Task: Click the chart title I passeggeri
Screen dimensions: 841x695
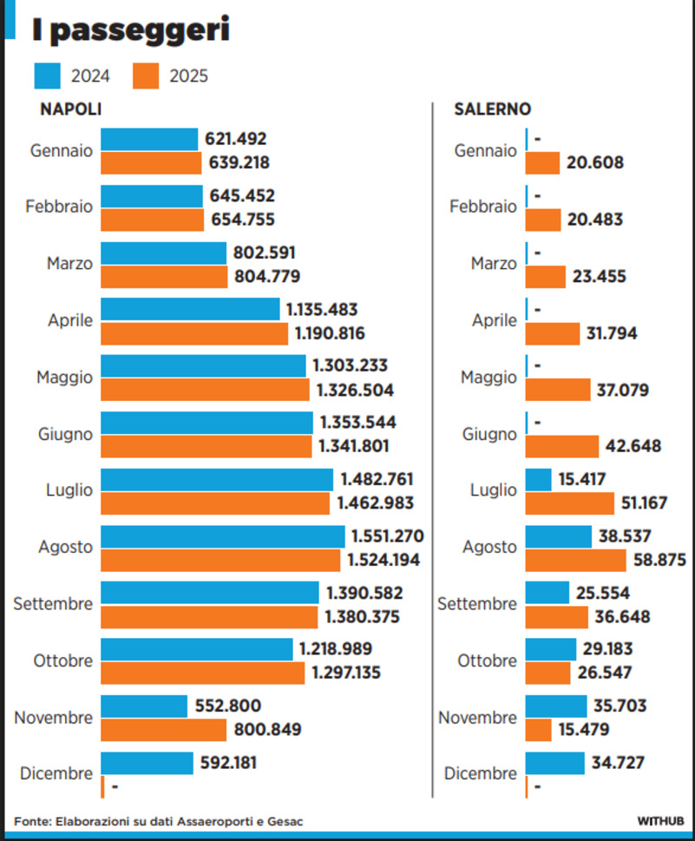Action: pos(130,30)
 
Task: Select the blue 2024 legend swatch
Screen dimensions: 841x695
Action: pos(48,76)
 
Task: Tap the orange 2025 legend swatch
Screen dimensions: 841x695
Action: pos(147,76)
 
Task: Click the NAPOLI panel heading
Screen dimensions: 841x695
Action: pos(71,110)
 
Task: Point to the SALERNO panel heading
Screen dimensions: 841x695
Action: pos(493,110)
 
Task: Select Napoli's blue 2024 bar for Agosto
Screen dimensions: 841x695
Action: pos(222,536)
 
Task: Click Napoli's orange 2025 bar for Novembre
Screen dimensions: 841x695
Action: pos(164,730)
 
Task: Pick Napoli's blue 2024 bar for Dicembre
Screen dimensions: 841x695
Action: pos(147,763)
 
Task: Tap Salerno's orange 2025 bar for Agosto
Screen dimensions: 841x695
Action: pos(576,561)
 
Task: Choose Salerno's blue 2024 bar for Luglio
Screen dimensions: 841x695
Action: pos(539,479)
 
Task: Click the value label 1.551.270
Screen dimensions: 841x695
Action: pos(387,536)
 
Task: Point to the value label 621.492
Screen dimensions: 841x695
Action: pos(236,139)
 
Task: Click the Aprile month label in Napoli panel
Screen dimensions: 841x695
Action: pos(70,320)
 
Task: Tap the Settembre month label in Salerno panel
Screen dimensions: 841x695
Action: pos(477,604)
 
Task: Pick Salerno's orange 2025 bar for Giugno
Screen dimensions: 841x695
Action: pos(562,446)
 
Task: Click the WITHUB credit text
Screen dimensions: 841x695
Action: pos(661,820)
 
